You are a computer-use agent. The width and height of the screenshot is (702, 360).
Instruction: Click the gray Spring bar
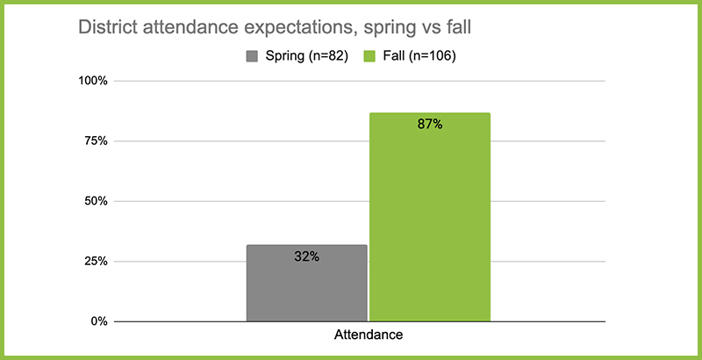pyautogui.click(x=306, y=283)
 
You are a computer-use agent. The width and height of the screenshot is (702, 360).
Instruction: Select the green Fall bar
pyautogui.click(x=430, y=217)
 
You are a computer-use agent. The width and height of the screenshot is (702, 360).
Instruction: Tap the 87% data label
pyautogui.click(x=430, y=125)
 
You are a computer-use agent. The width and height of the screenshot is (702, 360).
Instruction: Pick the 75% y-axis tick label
pyautogui.click(x=97, y=141)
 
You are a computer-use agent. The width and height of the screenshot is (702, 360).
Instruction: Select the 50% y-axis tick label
pyautogui.click(x=97, y=201)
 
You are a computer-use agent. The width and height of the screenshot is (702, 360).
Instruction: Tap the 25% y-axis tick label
pyautogui.click(x=97, y=262)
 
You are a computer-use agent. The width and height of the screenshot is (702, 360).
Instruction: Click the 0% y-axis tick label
pyautogui.click(x=100, y=321)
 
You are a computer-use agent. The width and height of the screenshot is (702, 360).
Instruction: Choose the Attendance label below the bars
pyautogui.click(x=369, y=335)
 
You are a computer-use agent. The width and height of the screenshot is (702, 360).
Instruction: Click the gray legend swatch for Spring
pyautogui.click(x=252, y=57)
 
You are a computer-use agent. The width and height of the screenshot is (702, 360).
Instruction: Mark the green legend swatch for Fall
pyautogui.click(x=369, y=57)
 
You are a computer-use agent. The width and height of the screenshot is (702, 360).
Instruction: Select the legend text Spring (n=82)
pyautogui.click(x=306, y=57)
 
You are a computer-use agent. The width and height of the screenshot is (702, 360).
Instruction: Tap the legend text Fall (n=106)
pyautogui.click(x=419, y=57)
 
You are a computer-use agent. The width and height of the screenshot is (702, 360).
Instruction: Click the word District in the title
pyautogui.click(x=107, y=27)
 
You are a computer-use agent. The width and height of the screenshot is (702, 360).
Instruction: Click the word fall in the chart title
pyautogui.click(x=459, y=27)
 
